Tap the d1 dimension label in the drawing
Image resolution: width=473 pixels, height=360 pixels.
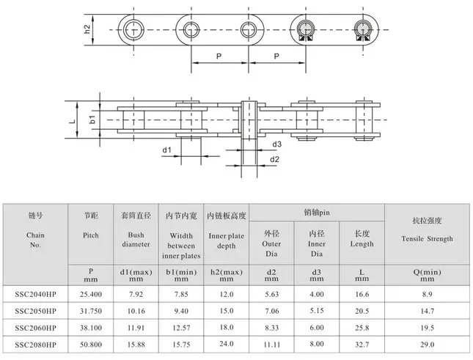click(x=166, y=150)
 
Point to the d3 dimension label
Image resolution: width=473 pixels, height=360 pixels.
click(x=276, y=144)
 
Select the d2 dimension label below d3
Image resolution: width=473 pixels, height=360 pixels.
click(x=274, y=159)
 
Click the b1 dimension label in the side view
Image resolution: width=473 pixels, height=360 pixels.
click(x=92, y=120)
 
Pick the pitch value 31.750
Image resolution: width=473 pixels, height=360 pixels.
click(x=91, y=310)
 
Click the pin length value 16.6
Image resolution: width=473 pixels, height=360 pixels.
click(x=361, y=293)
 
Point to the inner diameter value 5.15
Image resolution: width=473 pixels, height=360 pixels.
click(x=316, y=310)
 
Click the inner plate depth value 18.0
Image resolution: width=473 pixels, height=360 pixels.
click(x=227, y=328)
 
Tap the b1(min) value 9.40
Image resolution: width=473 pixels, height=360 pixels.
click(x=180, y=310)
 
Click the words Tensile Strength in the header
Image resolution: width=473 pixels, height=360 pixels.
click(x=427, y=238)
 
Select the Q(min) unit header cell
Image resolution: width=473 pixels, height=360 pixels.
click(x=426, y=274)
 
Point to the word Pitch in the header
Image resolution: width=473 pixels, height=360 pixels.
click(x=91, y=235)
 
